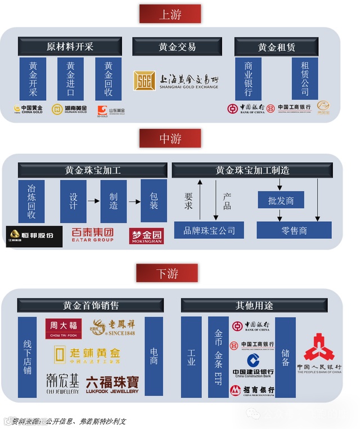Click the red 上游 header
pos(170,14)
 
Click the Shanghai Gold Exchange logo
pos(175,81)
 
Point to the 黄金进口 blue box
pos(70,79)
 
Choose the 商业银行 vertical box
pos(248,79)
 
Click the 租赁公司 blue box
pos(305,79)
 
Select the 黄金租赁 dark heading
pos(276,47)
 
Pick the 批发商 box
pos(281,200)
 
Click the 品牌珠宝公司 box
pos(209,230)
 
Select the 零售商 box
pos(294,230)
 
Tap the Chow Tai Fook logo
pos(62,326)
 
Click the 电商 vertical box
pos(154,357)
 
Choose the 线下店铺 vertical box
pos(27,357)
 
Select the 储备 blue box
pos(285,357)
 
